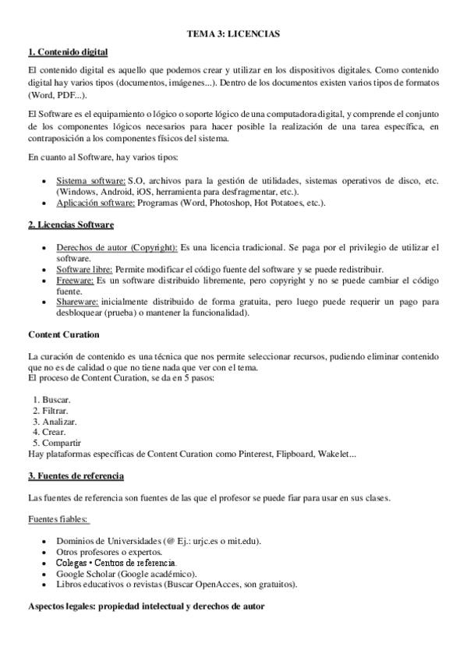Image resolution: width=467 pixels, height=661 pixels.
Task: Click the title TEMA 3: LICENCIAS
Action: [233, 34]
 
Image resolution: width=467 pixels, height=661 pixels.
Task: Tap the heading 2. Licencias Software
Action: [70, 224]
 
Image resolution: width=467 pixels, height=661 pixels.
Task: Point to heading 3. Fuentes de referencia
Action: [76, 475]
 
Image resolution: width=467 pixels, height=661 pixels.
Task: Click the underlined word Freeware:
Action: [75, 280]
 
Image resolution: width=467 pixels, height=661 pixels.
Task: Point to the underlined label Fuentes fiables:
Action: [58, 518]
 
